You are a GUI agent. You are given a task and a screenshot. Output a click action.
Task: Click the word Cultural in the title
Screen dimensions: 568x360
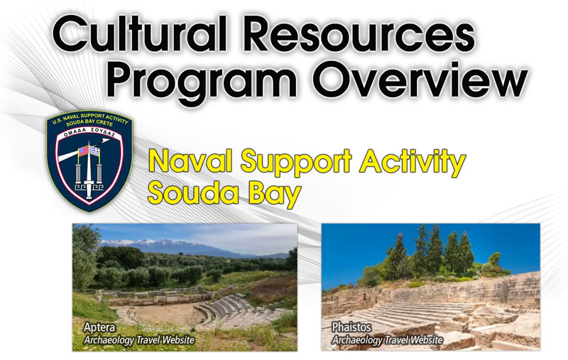tap(139, 33)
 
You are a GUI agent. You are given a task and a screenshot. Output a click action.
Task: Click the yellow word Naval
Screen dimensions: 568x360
tap(190, 160)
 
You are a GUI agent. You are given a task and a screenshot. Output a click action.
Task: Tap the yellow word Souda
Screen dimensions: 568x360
tap(193, 193)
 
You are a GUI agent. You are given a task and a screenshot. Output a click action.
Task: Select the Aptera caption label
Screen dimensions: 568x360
tap(99, 328)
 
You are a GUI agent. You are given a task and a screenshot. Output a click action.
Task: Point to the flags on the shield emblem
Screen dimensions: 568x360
tap(89, 151)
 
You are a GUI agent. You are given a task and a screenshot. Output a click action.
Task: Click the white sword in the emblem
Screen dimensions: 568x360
tap(89, 170)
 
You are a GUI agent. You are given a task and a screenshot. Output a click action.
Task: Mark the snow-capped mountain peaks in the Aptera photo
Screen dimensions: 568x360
tap(163, 243)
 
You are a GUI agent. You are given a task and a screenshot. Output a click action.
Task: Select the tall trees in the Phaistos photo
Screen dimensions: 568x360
tap(431, 253)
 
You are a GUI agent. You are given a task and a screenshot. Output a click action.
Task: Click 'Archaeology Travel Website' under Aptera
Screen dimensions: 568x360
tap(139, 340)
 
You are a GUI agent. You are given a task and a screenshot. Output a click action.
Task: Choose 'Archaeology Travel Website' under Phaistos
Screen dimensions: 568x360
tap(388, 340)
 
